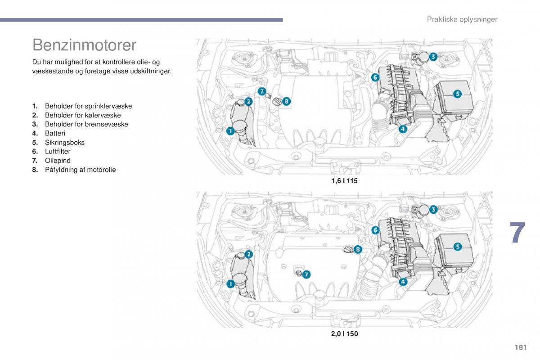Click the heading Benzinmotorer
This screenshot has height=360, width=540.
pyautogui.click(x=84, y=45)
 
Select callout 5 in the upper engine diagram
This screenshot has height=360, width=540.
pyautogui.click(x=457, y=94)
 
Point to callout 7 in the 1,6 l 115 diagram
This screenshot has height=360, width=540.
pyautogui.click(x=262, y=91)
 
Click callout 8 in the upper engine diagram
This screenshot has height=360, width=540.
pyautogui.click(x=286, y=101)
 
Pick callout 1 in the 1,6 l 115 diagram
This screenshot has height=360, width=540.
pyautogui.click(x=229, y=131)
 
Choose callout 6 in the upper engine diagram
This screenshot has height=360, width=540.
pyautogui.click(x=375, y=77)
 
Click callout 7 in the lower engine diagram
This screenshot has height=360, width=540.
pyautogui.click(x=306, y=274)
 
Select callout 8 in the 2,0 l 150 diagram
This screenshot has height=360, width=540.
pyautogui.click(x=358, y=249)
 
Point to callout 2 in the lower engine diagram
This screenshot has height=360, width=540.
pyautogui.click(x=248, y=255)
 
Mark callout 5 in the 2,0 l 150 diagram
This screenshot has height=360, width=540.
pyautogui.click(x=457, y=247)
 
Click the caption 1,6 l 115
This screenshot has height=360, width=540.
pyautogui.click(x=344, y=181)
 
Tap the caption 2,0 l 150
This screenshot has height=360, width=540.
pyautogui.click(x=344, y=334)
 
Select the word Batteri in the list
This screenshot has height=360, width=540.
pyautogui.click(x=55, y=133)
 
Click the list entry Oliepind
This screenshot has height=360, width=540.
pyautogui.click(x=58, y=161)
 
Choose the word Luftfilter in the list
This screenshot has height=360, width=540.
pyautogui.click(x=58, y=152)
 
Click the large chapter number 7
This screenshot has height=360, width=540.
pyautogui.click(x=517, y=233)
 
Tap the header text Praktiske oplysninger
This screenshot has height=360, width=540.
pyautogui.click(x=462, y=19)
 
